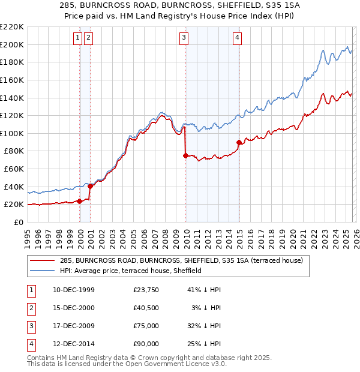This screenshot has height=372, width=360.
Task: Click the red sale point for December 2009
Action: (185, 155)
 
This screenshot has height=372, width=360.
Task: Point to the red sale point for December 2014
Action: (239, 142)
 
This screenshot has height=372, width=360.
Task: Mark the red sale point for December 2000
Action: (91, 186)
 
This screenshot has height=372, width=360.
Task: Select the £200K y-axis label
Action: (12, 44)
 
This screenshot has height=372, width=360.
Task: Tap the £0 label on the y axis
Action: (18, 222)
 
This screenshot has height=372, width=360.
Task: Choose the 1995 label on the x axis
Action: (27, 236)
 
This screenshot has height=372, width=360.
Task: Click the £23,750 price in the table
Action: (146, 290)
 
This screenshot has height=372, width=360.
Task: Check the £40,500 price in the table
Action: (146, 308)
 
